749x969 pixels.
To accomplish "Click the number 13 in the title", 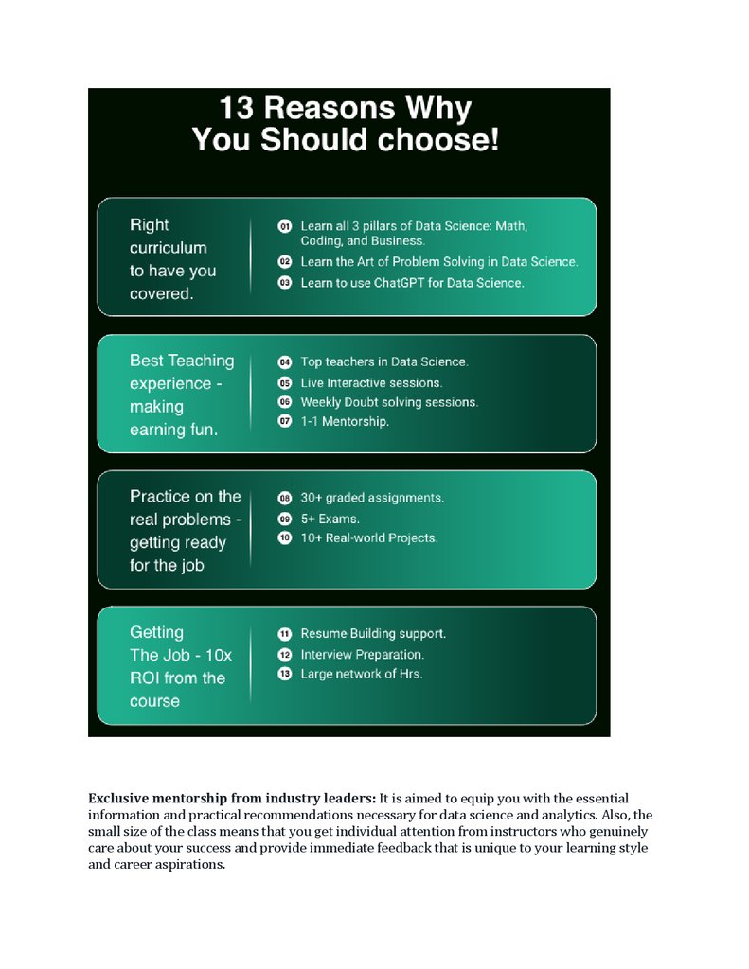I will pyautogui.click(x=237, y=108).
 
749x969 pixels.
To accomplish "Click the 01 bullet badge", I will pyautogui.click(x=284, y=227).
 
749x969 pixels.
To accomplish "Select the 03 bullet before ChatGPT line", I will pyautogui.click(x=284, y=283).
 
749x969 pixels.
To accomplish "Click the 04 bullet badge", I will pyautogui.click(x=284, y=361).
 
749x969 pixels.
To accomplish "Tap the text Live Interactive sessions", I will pyautogui.click(x=371, y=382).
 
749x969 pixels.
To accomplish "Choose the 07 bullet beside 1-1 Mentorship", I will pyautogui.click(x=284, y=422).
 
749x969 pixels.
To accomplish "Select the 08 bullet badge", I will pyautogui.click(x=284, y=498).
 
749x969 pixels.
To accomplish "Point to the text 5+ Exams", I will pyautogui.click(x=330, y=519).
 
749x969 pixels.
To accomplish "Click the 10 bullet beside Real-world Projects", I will pyautogui.click(x=284, y=538).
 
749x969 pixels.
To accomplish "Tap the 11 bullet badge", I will pyautogui.click(x=284, y=634).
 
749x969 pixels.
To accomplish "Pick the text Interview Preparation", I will pyautogui.click(x=362, y=654).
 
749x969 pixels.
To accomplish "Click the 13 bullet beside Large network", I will pyautogui.click(x=284, y=675).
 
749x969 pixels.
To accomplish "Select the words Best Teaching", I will pyautogui.click(x=182, y=361).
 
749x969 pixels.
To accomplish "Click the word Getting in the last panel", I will pyautogui.click(x=156, y=632).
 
